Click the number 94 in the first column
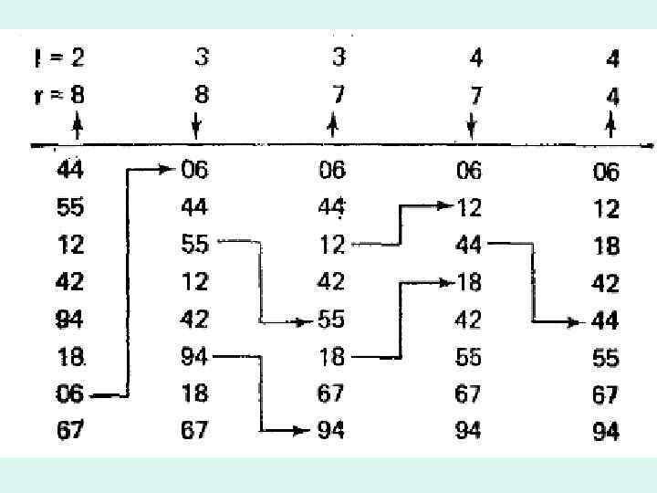[69, 319]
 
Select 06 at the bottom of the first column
[69, 393]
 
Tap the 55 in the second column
[194, 245]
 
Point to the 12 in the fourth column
[468, 208]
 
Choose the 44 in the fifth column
[606, 320]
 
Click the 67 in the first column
[69, 430]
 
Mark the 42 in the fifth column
[606, 283]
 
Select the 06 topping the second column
[194, 170]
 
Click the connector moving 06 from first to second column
[127, 283]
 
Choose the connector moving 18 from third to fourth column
[399, 320]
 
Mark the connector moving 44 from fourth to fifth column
[533, 283]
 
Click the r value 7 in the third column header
[339, 94]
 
